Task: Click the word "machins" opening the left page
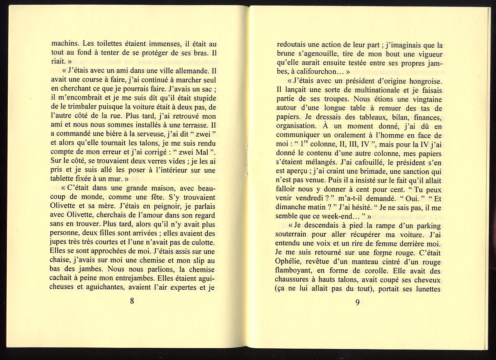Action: [65, 44]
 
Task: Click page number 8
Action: [132, 301]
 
